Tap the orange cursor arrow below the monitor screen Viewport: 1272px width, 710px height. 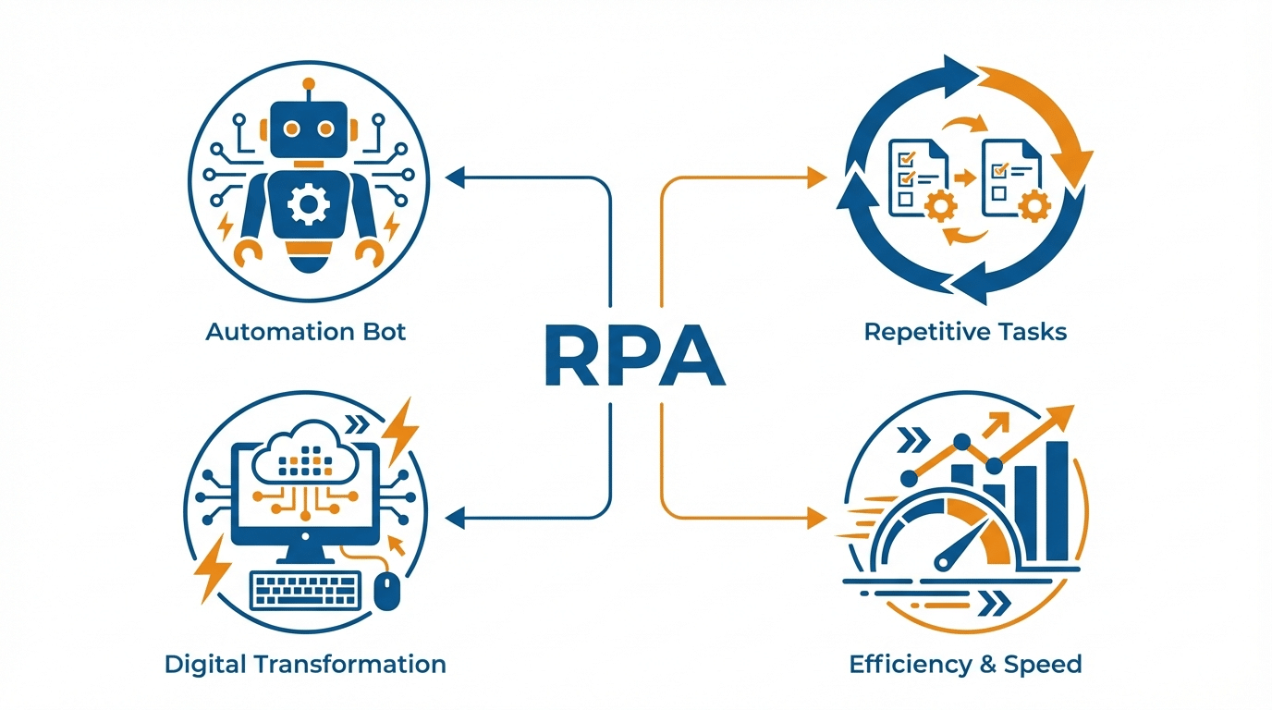coord(398,546)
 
